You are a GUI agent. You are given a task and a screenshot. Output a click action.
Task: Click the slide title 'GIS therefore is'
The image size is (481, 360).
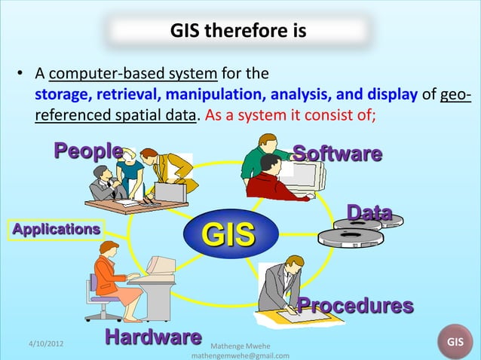[237, 32]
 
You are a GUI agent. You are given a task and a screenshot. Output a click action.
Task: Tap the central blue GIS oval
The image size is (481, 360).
[228, 234]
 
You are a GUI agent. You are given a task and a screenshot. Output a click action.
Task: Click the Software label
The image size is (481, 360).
[337, 154]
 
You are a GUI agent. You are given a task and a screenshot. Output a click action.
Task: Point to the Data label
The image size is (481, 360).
[369, 212]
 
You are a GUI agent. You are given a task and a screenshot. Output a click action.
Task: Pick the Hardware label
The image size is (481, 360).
[153, 336]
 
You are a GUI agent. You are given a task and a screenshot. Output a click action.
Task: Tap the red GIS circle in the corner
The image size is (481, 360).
[455, 342]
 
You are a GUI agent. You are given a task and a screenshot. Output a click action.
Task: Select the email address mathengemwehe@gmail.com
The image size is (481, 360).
[241, 355]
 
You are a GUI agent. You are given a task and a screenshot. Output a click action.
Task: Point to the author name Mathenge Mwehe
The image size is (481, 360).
[243, 345]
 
